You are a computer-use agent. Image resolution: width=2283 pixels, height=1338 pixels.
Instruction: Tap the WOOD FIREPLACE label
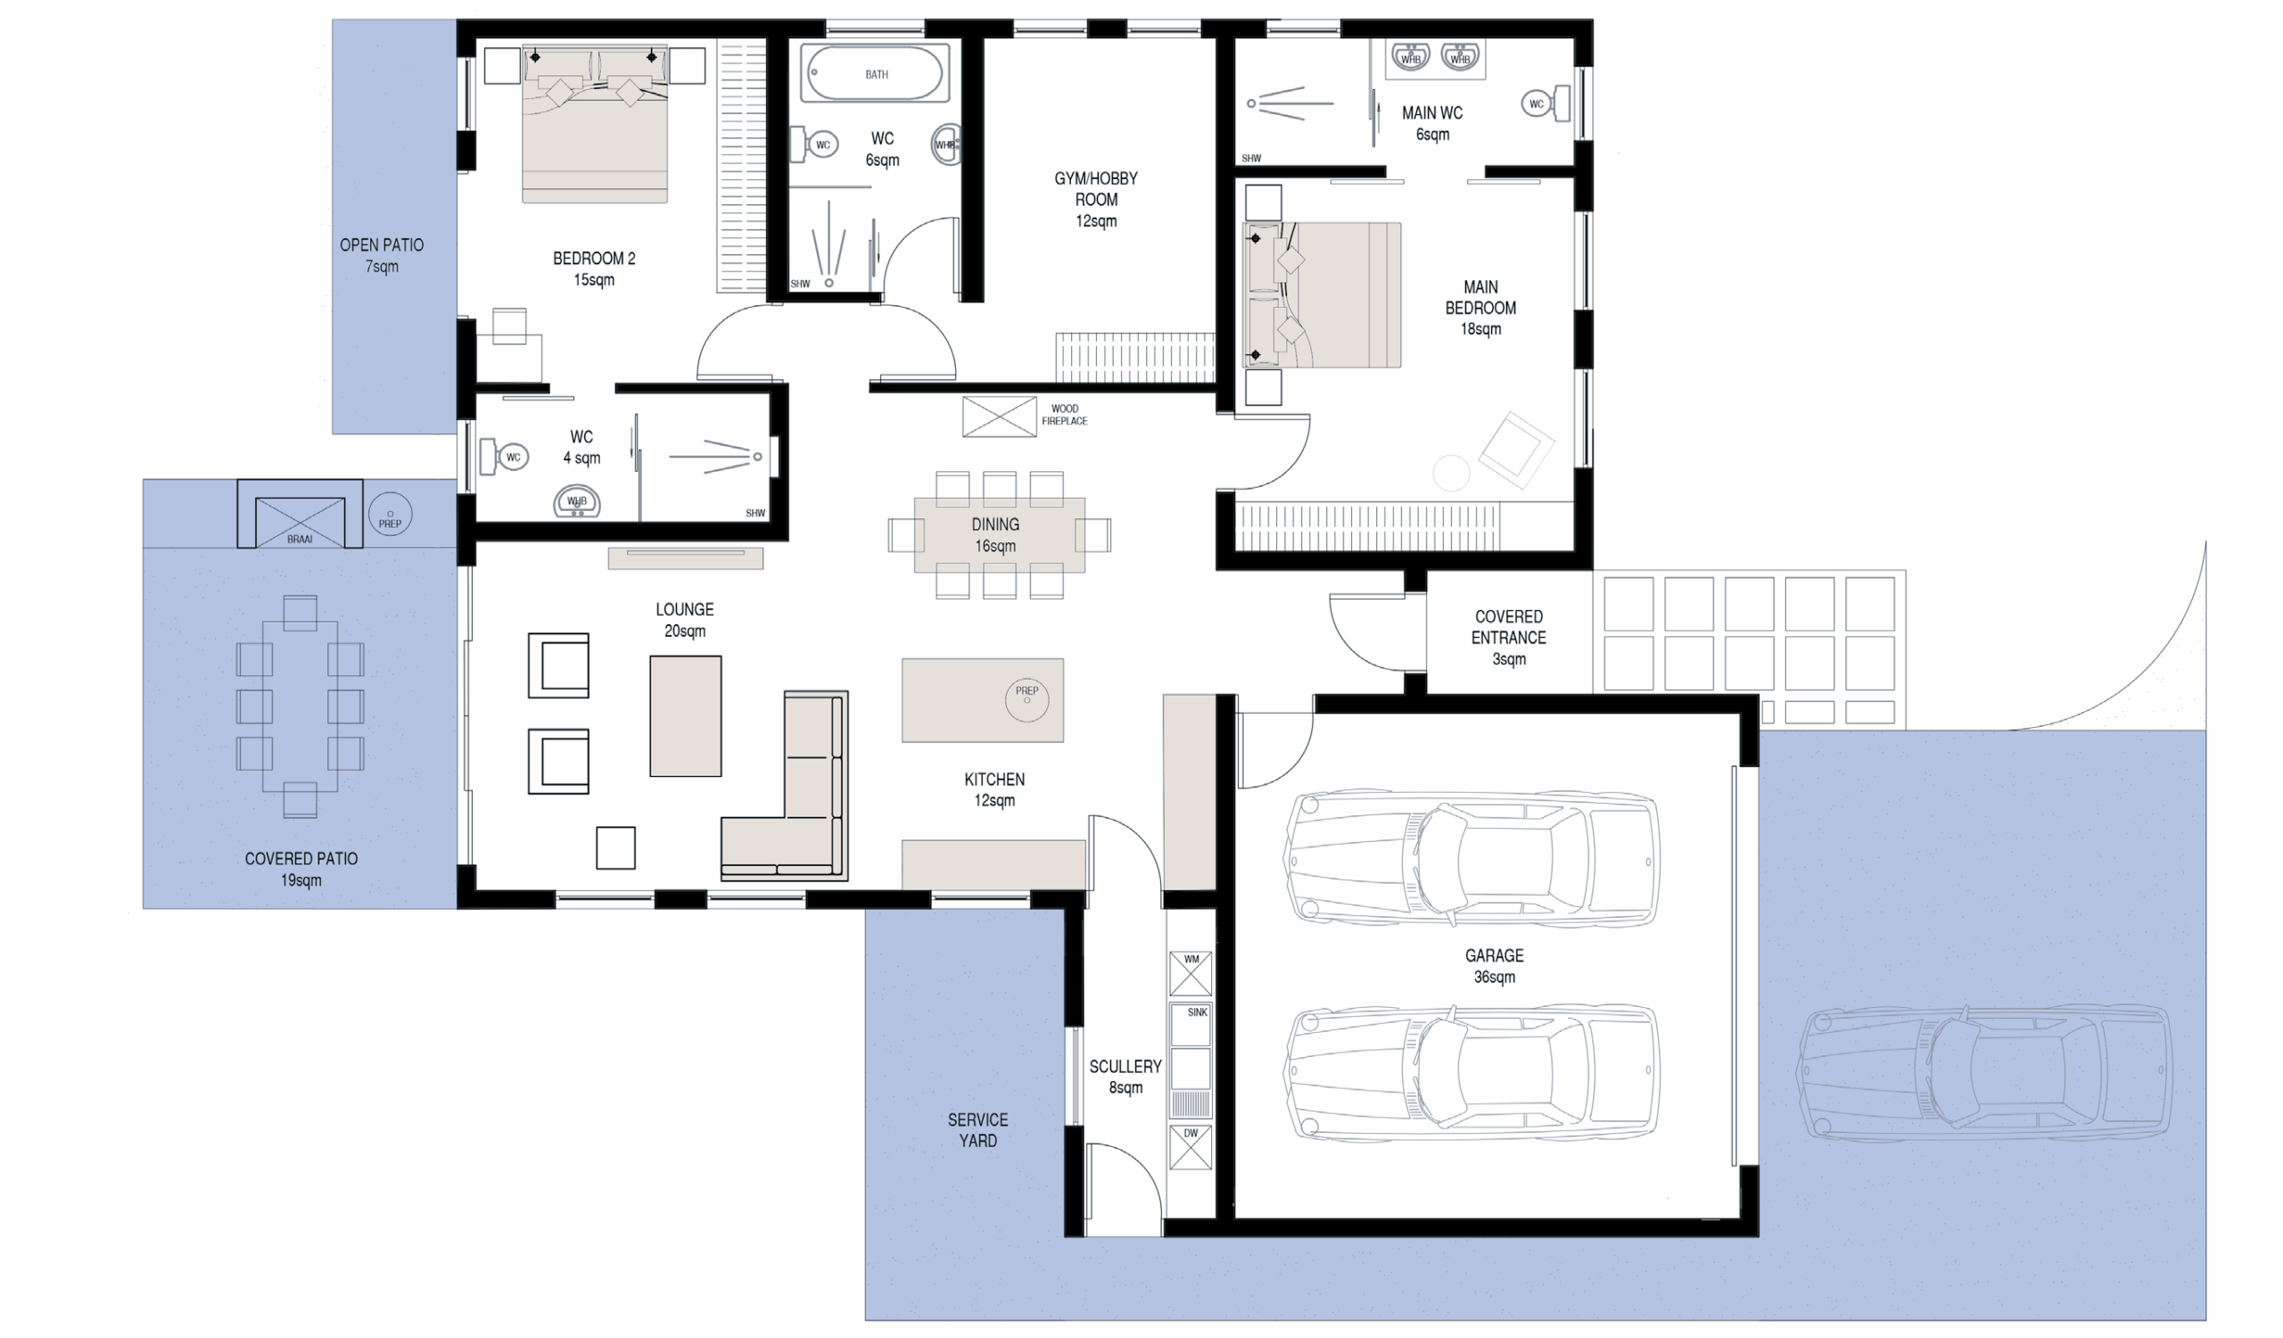point(1065,415)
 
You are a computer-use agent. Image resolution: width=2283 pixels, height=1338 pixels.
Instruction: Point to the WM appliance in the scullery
point(1191,973)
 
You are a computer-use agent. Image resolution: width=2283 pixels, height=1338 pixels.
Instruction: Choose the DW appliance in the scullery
point(1191,1148)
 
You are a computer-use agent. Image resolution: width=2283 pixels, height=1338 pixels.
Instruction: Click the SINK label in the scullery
point(1198,1012)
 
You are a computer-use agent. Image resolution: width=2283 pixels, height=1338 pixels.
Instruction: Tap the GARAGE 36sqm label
point(1494,966)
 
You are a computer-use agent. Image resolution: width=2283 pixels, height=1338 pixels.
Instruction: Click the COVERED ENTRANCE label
point(1508,627)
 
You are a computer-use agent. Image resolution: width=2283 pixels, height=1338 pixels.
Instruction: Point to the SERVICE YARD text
point(977,1129)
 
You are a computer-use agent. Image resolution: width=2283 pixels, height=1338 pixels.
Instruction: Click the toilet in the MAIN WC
point(1545,103)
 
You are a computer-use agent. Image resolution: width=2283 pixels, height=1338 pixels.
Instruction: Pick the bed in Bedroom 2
point(595,123)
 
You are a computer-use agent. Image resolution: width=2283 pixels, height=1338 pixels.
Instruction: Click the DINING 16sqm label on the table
point(994,535)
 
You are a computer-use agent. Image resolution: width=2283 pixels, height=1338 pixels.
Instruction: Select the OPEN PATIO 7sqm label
point(382,255)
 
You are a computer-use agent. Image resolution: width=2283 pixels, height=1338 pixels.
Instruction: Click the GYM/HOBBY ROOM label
point(1095,199)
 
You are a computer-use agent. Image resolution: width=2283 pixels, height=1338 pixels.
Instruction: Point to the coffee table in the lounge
point(686,715)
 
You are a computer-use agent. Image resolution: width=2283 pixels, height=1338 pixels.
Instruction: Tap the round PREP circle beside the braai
point(391,515)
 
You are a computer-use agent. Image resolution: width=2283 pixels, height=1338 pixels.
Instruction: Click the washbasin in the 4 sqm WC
point(577,502)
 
